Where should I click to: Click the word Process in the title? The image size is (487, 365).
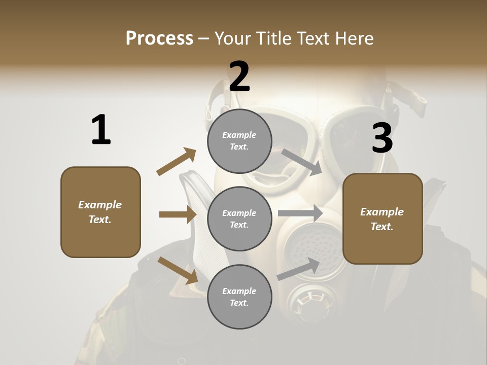coord(159,39)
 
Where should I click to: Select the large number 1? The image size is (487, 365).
coord(101,130)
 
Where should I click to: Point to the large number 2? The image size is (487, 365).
coord(239,77)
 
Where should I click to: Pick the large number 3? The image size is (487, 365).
coord(382,138)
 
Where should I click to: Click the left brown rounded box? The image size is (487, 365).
coord(100,212)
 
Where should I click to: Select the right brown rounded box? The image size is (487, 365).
coord(382,218)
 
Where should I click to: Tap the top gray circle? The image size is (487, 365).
coord(239,141)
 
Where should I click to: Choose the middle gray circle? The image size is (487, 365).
coord(239,218)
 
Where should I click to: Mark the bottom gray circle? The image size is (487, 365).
coord(239,297)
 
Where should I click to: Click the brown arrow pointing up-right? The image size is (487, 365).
coord(177,162)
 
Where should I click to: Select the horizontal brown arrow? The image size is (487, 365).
coord(178,214)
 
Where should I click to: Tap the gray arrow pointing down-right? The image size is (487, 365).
coord(302,162)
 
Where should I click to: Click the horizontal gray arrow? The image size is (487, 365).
coord(300,213)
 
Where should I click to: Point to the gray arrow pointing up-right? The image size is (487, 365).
coord(299,269)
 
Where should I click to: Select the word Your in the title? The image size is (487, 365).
coord(232,39)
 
